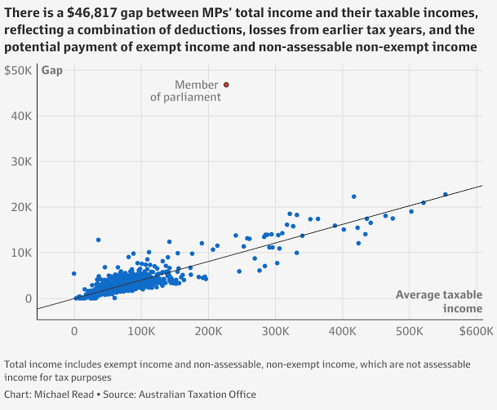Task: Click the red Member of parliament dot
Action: click(x=226, y=85)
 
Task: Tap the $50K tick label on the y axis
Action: click(x=18, y=70)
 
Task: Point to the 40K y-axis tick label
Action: click(x=21, y=117)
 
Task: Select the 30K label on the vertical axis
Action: click(x=21, y=161)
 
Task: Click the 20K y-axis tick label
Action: click(x=21, y=207)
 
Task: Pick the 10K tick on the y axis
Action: click(x=21, y=253)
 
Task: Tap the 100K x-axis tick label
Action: click(x=141, y=331)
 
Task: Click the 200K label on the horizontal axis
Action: click(x=208, y=331)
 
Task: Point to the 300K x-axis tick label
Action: click(x=276, y=331)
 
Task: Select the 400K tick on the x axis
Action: click(x=342, y=331)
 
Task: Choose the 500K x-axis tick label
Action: click(x=409, y=331)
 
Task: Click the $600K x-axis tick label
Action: click(x=477, y=331)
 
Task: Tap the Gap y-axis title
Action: click(x=52, y=70)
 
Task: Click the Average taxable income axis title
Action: click(x=439, y=302)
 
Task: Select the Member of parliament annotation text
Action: click(x=186, y=90)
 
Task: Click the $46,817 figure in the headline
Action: click(x=92, y=13)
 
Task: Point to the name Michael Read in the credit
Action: click(x=64, y=395)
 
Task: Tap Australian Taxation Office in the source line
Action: click(x=197, y=395)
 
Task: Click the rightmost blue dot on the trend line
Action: click(x=446, y=194)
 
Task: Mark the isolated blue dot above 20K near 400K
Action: click(x=354, y=196)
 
